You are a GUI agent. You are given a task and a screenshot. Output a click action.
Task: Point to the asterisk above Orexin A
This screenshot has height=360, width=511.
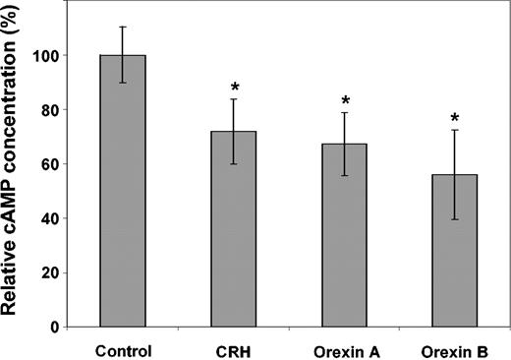point(344,100)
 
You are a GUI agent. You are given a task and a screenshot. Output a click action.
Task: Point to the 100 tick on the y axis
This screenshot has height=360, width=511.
point(47,56)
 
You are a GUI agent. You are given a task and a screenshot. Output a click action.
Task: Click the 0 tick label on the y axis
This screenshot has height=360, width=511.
point(55,327)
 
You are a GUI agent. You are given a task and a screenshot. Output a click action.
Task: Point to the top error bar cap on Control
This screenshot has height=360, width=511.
point(123,27)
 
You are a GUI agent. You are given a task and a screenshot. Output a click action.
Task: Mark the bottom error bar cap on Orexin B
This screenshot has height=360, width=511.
point(453,219)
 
